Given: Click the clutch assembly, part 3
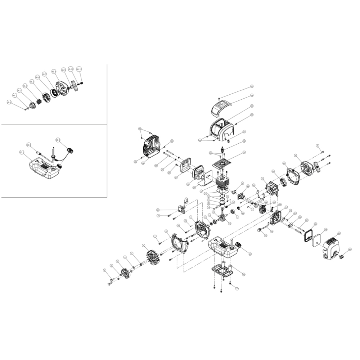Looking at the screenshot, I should (126, 274).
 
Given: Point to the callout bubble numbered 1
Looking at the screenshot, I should (105, 270).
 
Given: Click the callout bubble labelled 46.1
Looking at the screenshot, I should (9, 103).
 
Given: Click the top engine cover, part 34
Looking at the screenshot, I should (220, 107).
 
